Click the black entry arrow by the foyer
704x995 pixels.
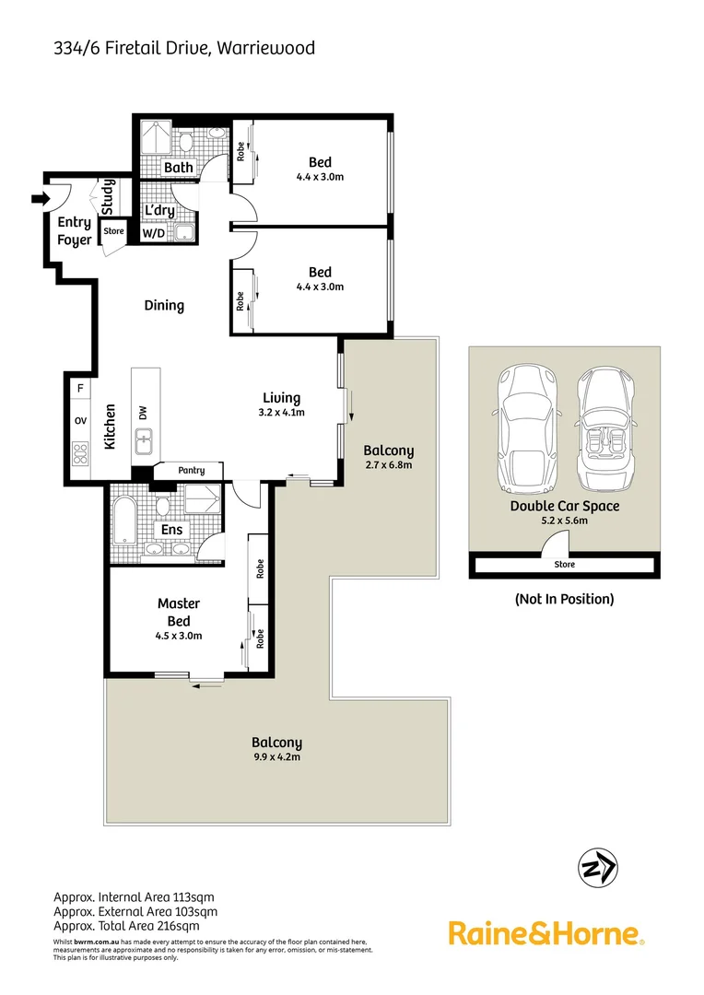click(x=39, y=198)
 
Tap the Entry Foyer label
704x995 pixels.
click(x=75, y=231)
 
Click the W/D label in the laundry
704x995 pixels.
click(x=153, y=234)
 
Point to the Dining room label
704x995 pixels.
click(x=164, y=305)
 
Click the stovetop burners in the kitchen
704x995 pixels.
click(x=80, y=453)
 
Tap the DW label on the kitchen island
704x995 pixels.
click(x=143, y=415)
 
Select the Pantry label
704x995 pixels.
click(x=192, y=471)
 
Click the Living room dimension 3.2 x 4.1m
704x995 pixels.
click(x=281, y=413)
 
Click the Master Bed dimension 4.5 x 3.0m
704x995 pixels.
click(x=179, y=636)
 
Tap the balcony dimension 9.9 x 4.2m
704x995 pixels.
click(x=276, y=757)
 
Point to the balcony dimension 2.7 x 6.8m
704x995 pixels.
click(x=388, y=466)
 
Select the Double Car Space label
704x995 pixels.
click(x=565, y=506)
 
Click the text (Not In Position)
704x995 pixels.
click(x=564, y=599)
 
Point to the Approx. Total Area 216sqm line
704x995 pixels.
click(x=125, y=926)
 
